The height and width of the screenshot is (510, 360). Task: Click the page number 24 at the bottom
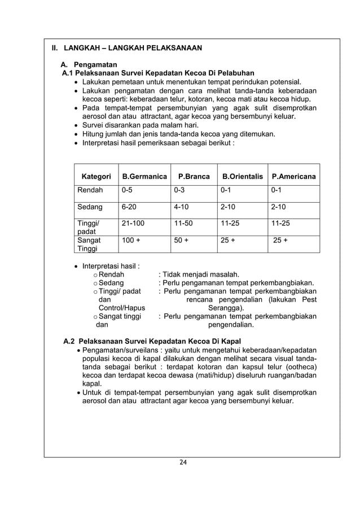coord(182,463)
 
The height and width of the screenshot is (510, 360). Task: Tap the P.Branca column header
coord(194,177)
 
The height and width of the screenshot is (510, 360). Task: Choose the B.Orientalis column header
coord(242,177)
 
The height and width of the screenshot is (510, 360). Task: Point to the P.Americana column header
coord(293,177)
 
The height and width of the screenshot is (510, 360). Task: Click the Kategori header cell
coord(96,177)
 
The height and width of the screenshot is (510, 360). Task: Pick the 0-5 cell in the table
coord(129,190)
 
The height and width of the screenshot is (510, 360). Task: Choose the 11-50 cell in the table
coord(183,223)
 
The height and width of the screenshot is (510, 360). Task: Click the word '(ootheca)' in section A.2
coord(297,366)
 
